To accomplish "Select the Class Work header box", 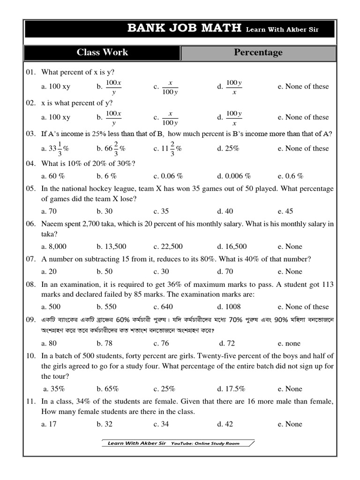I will click(x=102, y=52).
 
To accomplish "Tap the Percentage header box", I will click(x=258, y=52).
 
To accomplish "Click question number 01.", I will click(x=31, y=72).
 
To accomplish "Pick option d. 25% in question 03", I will click(x=228, y=148).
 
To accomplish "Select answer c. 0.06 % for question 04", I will click(x=168, y=176).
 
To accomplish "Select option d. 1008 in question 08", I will click(x=229, y=307).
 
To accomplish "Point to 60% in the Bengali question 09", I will click(x=122, y=320).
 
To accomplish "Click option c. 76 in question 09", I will click(x=162, y=343).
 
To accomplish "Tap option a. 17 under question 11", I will click(x=49, y=424).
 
